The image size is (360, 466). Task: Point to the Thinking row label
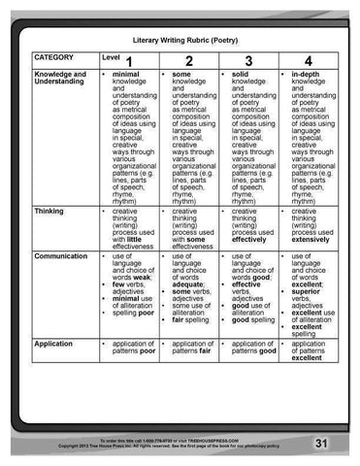pos(49,211)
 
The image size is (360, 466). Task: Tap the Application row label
pos(54,344)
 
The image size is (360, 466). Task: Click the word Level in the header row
pos(111,57)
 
